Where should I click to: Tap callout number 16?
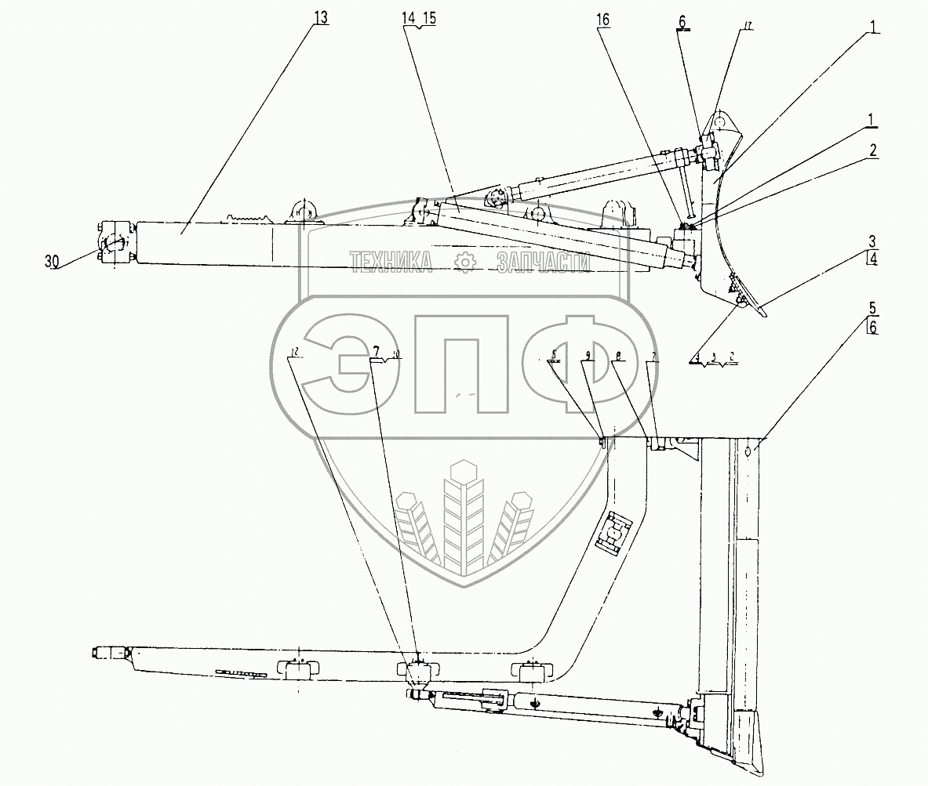(602, 18)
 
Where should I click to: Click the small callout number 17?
(747, 26)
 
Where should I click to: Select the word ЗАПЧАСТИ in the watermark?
(543, 263)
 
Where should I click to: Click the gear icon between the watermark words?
(466, 263)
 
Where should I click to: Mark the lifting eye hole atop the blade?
(721, 121)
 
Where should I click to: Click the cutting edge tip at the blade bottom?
(762, 315)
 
